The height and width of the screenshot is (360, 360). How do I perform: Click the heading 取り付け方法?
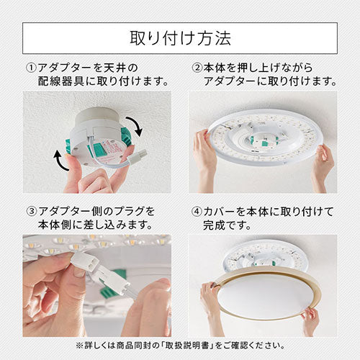(181, 38)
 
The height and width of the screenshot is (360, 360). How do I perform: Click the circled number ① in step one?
(31, 68)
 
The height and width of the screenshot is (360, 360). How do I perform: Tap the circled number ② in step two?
(197, 68)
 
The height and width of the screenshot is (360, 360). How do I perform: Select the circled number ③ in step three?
(32, 212)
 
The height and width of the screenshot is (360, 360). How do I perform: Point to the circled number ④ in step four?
(197, 212)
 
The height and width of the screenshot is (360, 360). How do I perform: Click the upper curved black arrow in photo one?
(135, 125)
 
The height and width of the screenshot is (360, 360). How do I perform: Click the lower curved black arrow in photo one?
(60, 161)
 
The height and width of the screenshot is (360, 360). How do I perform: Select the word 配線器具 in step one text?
(60, 81)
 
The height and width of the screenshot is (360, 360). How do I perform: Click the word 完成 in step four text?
(214, 225)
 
